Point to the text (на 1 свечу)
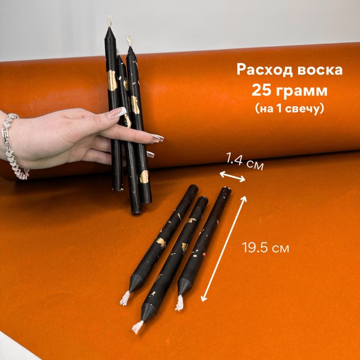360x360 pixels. coord(290,109)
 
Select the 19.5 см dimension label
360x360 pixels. coord(265,248)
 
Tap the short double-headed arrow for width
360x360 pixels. coord(233,177)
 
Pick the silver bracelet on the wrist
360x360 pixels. coord(13,147)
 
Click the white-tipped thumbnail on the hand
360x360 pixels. coord(117,113)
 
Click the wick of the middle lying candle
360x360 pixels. coord(138,326)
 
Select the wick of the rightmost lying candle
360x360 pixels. coord(179,303)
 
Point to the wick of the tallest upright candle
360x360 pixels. coord(109,22)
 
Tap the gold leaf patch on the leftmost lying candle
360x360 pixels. coord(160,242)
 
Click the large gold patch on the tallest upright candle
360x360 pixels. coord(112,81)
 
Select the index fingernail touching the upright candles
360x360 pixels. coord(157,138)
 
